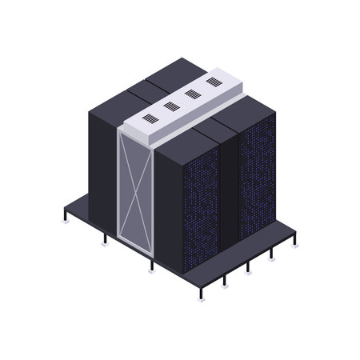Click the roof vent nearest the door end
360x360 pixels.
(x=150, y=118)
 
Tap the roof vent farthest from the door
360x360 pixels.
(x=213, y=82)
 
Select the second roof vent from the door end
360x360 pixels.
(x=170, y=106)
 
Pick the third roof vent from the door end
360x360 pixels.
(x=192, y=94)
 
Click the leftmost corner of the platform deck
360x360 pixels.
(x=64, y=210)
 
